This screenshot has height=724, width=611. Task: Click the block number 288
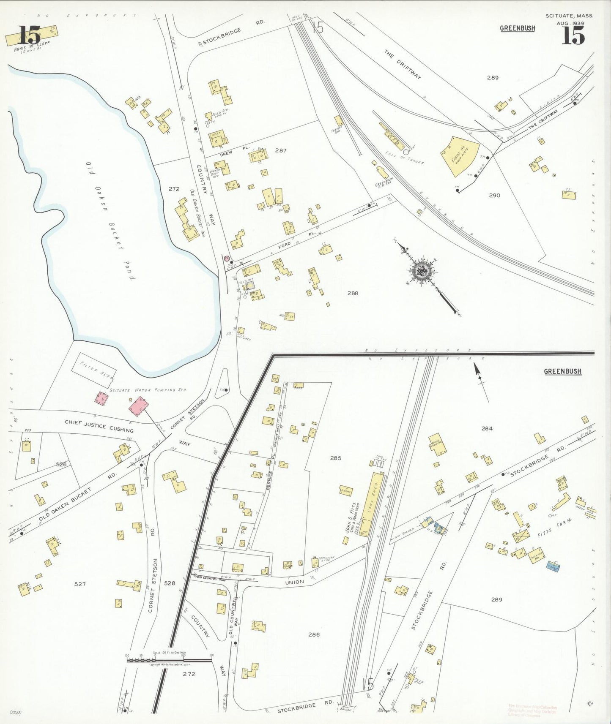352,293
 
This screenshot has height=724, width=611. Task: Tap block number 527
80,584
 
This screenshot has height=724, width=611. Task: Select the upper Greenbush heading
517,28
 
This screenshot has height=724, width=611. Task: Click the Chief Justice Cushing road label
99,426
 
